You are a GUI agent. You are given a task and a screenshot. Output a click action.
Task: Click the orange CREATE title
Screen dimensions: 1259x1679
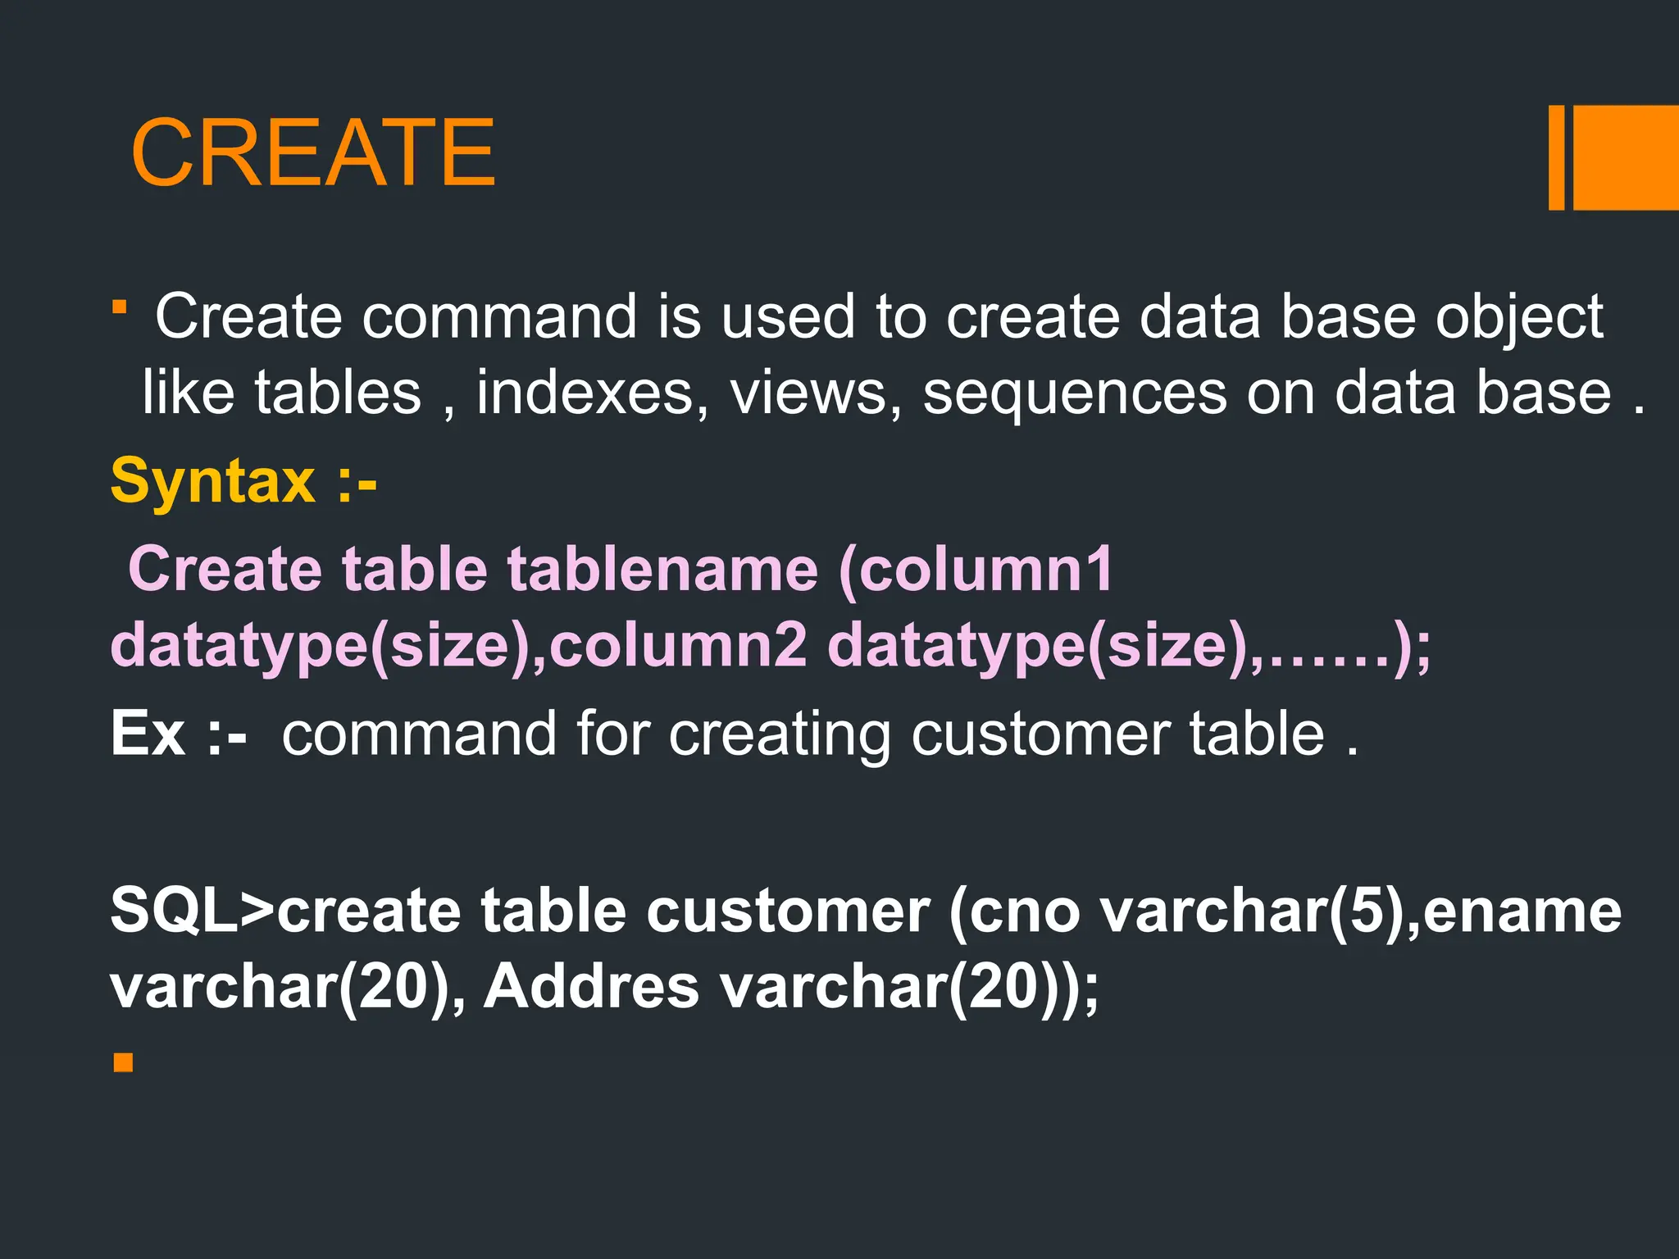(312, 152)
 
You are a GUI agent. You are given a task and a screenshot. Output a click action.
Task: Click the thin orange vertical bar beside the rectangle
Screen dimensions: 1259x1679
(1556, 157)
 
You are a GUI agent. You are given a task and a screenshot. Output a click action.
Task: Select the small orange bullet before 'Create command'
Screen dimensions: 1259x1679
(120, 307)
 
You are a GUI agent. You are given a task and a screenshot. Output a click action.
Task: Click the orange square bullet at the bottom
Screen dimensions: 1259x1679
(123, 1063)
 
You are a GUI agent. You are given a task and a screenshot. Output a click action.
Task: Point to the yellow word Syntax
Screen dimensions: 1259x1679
(212, 481)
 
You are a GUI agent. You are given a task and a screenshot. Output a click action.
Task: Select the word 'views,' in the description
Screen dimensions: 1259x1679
(815, 393)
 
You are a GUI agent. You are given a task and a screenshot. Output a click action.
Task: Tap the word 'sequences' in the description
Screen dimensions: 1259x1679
(1075, 394)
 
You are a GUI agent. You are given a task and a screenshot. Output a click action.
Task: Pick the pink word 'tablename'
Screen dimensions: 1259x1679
(662, 569)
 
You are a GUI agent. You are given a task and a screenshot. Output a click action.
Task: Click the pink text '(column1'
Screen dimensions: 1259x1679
(976, 569)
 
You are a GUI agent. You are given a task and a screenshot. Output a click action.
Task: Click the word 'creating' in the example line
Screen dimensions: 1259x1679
(779, 734)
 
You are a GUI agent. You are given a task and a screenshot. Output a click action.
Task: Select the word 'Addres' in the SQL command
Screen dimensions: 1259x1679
(590, 986)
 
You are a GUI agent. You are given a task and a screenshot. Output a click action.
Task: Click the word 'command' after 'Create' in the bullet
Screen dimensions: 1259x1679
(499, 316)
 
